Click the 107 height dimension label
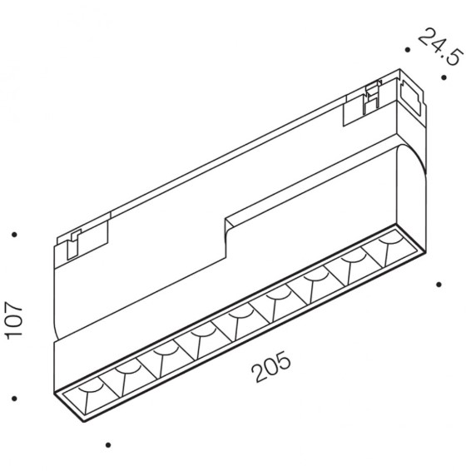pyautogui.click(x=14, y=320)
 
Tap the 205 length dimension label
pyautogui.click(x=271, y=367)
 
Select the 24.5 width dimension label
pyautogui.click(x=439, y=47)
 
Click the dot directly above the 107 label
pyautogui.click(x=14, y=235)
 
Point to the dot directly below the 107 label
pyautogui.click(x=14, y=399)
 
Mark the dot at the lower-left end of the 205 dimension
pyautogui.click(x=108, y=445)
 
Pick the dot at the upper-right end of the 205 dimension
pyautogui.click(x=439, y=284)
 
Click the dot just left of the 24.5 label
pyautogui.click(x=408, y=50)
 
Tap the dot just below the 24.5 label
pyautogui.click(x=444, y=77)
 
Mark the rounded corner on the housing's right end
pyautogui.click(x=412, y=156)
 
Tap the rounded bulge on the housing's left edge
pyautogui.click(x=54, y=327)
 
